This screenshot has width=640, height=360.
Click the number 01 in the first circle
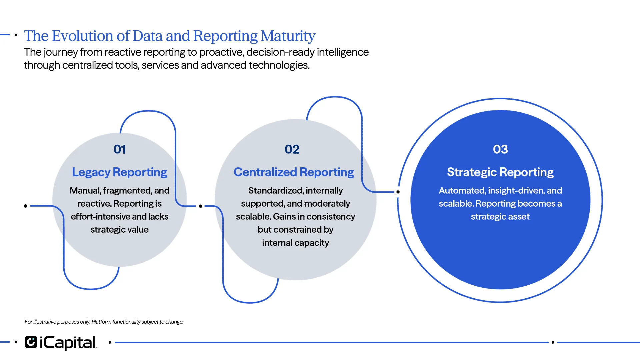pyautogui.click(x=119, y=149)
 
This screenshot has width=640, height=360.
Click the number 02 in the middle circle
pyautogui.click(x=292, y=149)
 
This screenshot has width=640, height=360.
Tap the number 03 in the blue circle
pyautogui.click(x=500, y=149)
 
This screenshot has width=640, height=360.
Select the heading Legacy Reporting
pyautogui.click(x=119, y=172)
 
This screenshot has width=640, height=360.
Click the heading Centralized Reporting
pyautogui.click(x=294, y=172)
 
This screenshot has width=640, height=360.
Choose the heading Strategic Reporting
pyautogui.click(x=500, y=172)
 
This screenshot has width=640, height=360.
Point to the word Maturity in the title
pyautogui.click(x=288, y=36)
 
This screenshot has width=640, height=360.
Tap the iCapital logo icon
pyautogui.click(x=31, y=342)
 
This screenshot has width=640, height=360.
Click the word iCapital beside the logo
pyautogui.click(x=68, y=343)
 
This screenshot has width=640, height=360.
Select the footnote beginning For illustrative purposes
pyautogui.click(x=104, y=322)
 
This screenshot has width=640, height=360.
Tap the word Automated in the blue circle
pyautogui.click(x=462, y=190)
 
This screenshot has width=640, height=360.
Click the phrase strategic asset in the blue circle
pyautogui.click(x=500, y=217)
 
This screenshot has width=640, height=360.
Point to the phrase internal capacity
pyautogui.click(x=295, y=243)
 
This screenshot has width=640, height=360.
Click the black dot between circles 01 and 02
pyautogui.click(x=201, y=206)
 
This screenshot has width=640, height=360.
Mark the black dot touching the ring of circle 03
pyautogui.click(x=398, y=192)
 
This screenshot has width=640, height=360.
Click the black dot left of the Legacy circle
pyautogui.click(x=26, y=206)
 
